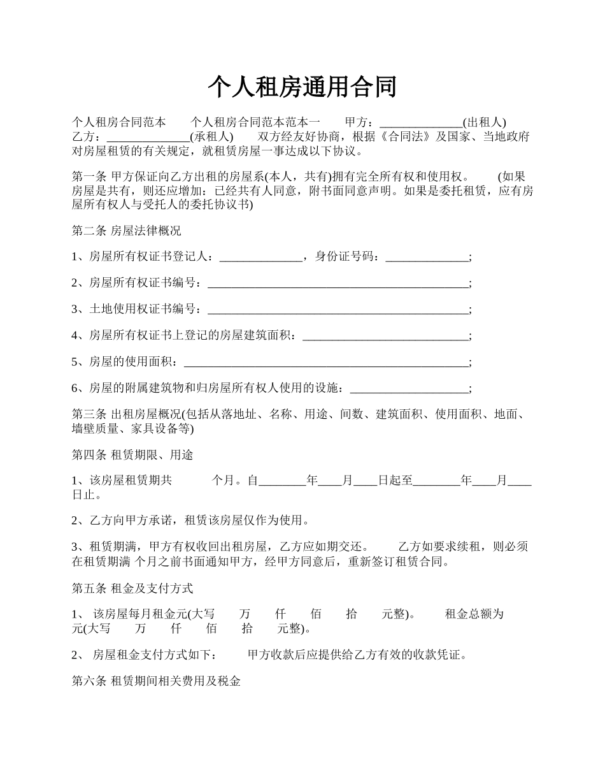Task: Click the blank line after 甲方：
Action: point(421,122)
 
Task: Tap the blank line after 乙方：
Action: point(148,137)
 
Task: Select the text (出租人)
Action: point(485,122)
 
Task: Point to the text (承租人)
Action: point(212,137)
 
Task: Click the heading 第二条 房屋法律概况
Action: point(127,231)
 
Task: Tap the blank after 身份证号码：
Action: point(427,257)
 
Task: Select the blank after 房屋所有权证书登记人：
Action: point(260,257)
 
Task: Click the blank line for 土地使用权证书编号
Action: point(338,310)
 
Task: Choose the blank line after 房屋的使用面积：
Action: point(325,363)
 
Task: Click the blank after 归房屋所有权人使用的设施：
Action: point(409,389)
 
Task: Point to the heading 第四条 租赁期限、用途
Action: point(132,455)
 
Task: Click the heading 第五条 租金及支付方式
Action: point(132,588)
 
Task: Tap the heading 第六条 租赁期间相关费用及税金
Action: point(156,681)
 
